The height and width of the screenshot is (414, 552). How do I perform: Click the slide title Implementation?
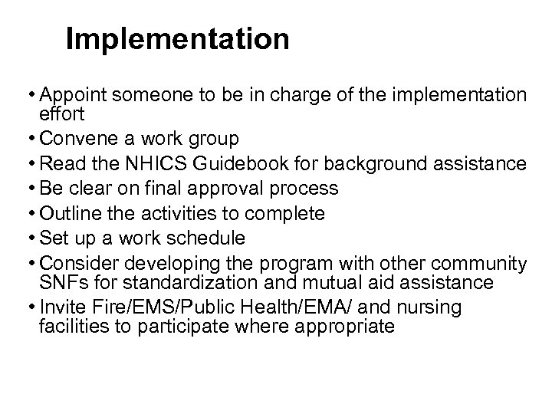click(177, 39)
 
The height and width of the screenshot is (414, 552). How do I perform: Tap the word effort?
click(58, 113)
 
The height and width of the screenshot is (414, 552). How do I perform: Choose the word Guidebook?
click(232, 163)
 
